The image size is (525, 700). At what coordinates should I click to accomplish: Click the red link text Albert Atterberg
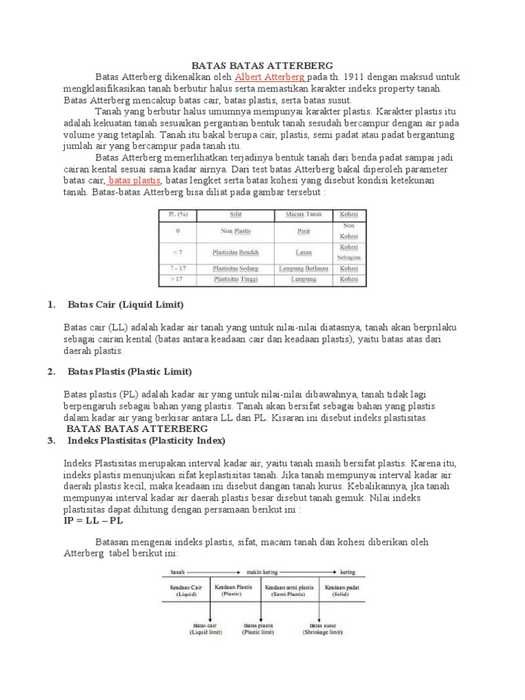(x=270, y=77)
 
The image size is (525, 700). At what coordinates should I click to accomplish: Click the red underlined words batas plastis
(x=135, y=180)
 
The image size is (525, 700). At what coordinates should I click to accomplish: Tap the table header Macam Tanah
(x=304, y=215)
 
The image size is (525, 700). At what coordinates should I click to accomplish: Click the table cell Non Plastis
(x=236, y=232)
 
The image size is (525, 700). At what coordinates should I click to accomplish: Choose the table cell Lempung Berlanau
(x=304, y=269)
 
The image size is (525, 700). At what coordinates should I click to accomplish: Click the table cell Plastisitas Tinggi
(x=236, y=280)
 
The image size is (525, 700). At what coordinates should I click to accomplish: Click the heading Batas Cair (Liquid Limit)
(x=126, y=304)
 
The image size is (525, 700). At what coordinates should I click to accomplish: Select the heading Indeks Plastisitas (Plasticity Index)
(x=146, y=440)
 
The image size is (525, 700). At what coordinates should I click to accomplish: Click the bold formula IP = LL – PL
(x=94, y=520)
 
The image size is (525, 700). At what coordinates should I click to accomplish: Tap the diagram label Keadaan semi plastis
(x=289, y=589)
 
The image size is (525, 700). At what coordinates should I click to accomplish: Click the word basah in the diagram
(x=170, y=571)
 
